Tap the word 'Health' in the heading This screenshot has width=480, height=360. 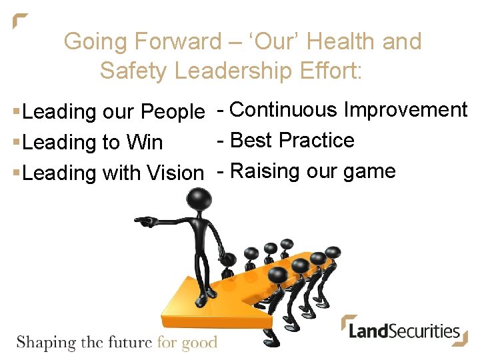click(342, 41)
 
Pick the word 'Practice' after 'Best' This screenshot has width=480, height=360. click(317, 140)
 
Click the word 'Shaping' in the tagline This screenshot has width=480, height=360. click(46, 343)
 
